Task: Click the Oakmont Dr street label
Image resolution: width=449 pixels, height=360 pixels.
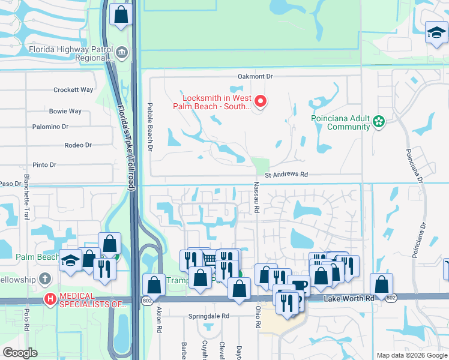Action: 255,77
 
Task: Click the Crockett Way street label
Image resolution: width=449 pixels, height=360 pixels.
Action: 73,90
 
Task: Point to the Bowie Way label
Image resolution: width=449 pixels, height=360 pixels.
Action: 65,112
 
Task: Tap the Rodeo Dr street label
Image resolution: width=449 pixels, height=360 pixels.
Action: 78,145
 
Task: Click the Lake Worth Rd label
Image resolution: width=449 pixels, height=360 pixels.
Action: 348,298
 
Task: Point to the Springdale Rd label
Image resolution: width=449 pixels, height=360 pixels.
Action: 209,316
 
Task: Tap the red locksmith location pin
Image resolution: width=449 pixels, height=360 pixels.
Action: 260,101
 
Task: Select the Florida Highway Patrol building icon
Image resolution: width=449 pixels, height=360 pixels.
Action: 122,53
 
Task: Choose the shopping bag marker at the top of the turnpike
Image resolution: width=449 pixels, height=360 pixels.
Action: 121,15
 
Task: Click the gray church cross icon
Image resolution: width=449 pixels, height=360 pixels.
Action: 44,279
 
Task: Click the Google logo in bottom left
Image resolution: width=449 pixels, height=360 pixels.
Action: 20,353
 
